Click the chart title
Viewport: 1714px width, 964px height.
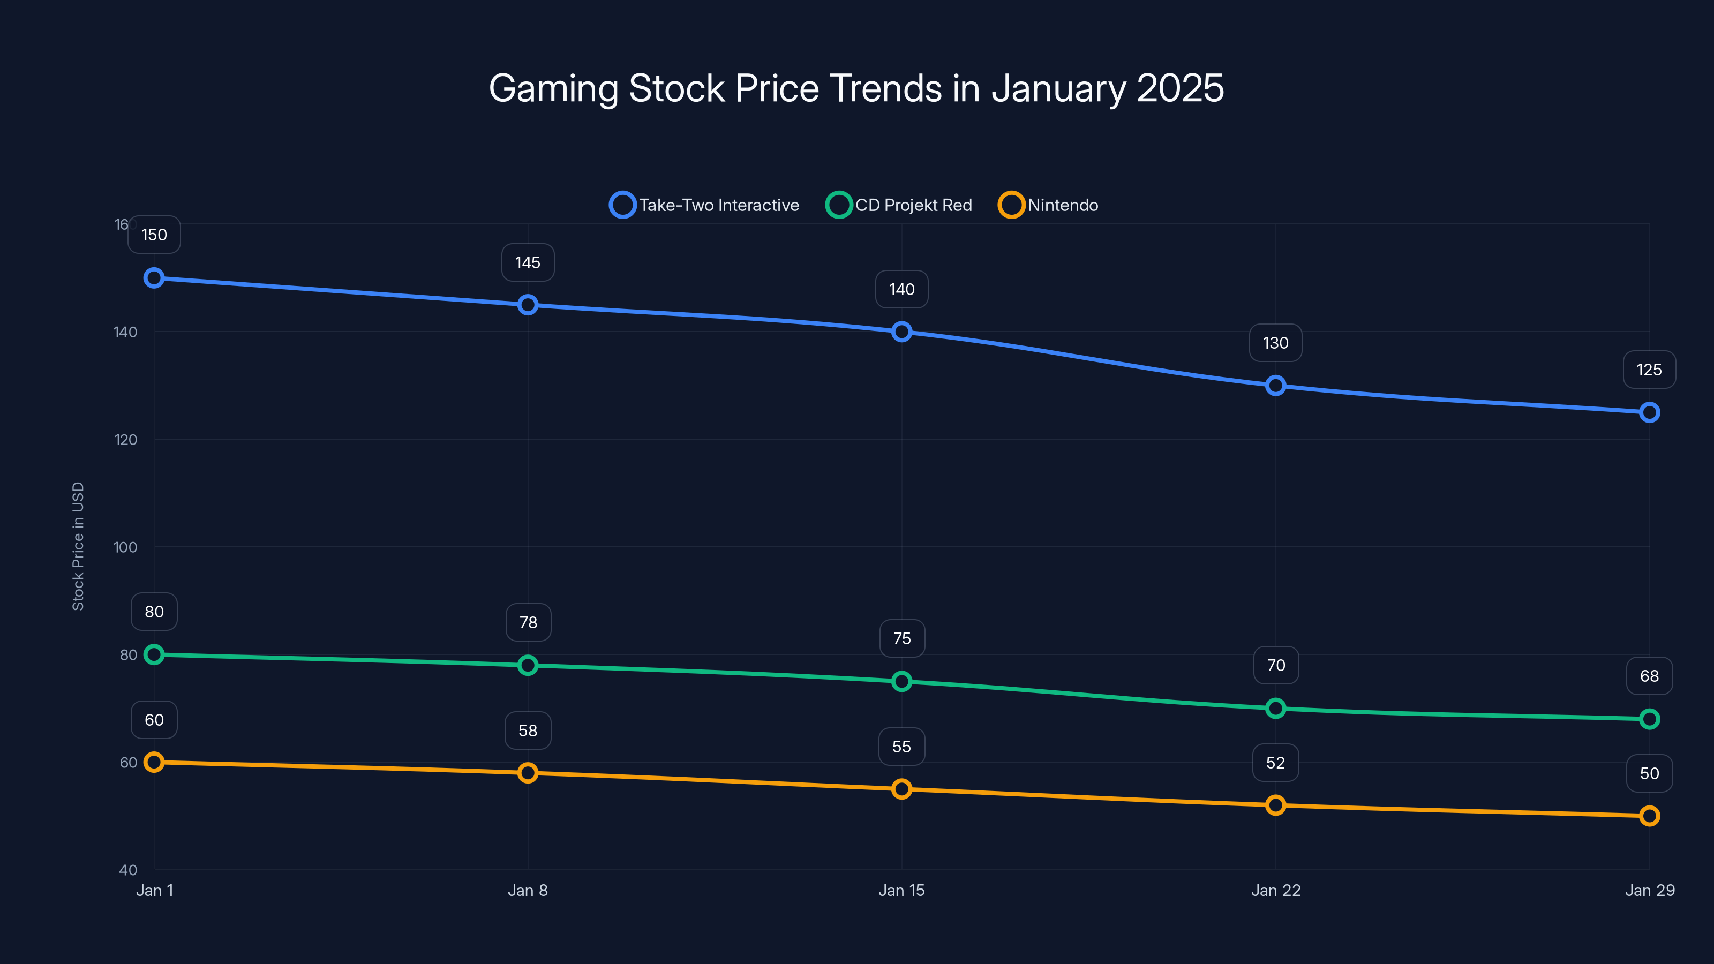point(856,88)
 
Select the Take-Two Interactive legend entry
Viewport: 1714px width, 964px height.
point(705,205)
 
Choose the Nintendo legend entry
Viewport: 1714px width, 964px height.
point(1049,205)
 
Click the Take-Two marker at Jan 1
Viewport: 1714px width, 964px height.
point(154,278)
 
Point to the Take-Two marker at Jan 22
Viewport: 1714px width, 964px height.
point(1275,386)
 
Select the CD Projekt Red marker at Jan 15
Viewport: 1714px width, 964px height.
point(901,681)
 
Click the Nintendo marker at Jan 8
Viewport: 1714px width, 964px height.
point(528,773)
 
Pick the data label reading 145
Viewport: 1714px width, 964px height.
point(528,263)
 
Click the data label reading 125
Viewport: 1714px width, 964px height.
point(1649,370)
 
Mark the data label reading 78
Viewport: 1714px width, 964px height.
point(528,623)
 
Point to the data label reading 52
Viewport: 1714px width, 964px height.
point(1275,763)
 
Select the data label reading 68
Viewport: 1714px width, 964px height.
point(1649,676)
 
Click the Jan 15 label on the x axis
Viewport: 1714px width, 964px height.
point(901,891)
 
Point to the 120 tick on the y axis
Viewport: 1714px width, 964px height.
point(125,440)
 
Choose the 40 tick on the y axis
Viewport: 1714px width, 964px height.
point(128,870)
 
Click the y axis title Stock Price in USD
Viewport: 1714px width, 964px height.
point(78,546)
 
